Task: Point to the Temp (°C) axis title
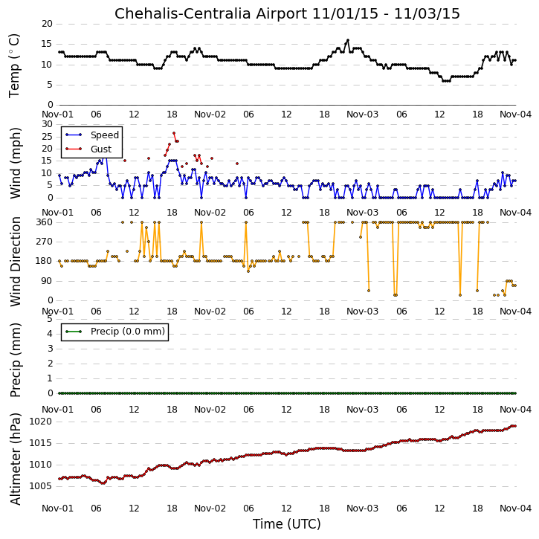point(14,66)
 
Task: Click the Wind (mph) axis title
point(15,163)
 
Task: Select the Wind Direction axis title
point(15,262)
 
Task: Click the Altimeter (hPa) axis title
point(15,459)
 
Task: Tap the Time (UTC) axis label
point(287,524)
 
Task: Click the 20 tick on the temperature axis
point(47,24)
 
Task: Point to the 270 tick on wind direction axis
point(45,242)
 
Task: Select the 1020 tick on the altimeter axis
point(41,422)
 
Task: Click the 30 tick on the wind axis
point(47,124)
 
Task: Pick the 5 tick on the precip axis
point(50,319)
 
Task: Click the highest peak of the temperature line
point(348,40)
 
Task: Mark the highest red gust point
point(174,133)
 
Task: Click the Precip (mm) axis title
point(15,361)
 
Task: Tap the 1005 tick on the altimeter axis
point(41,486)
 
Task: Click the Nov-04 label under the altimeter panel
point(515,509)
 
